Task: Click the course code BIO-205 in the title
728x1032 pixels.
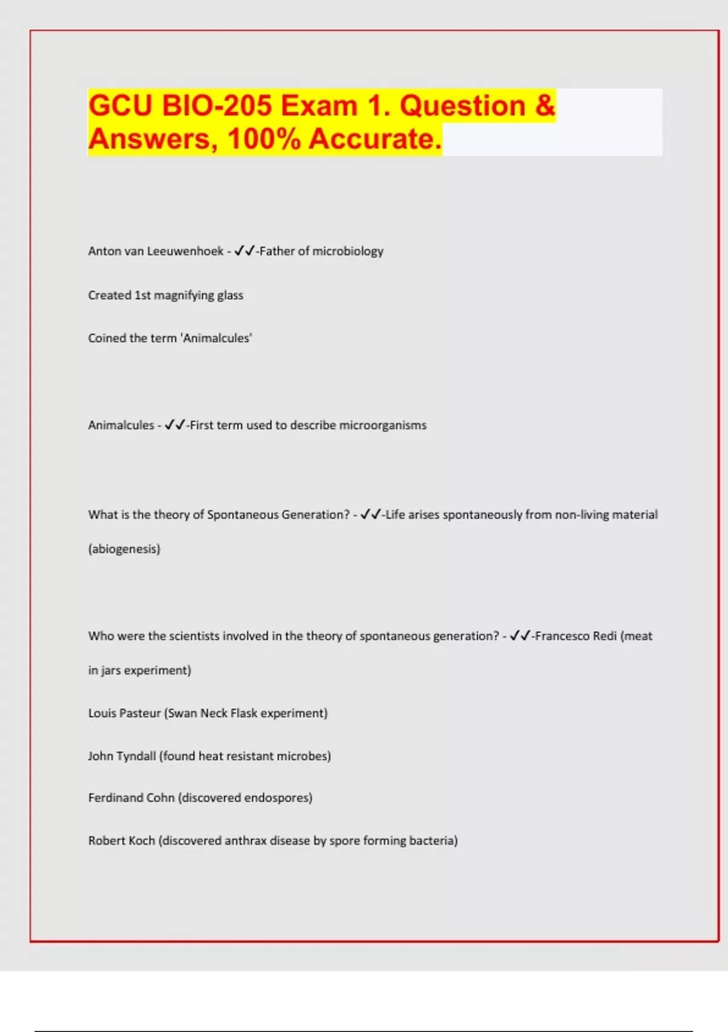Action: [x=217, y=106]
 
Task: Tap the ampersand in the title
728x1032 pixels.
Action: [x=545, y=106]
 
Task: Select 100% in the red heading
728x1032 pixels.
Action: [x=265, y=139]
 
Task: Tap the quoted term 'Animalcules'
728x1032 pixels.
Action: [x=217, y=338]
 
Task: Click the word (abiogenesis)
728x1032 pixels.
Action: [x=124, y=549]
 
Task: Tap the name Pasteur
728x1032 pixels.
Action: [x=140, y=713]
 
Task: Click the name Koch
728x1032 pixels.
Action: [x=142, y=841]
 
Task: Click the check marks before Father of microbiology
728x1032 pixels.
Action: [x=244, y=251]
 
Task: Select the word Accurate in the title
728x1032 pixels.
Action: [x=374, y=139]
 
